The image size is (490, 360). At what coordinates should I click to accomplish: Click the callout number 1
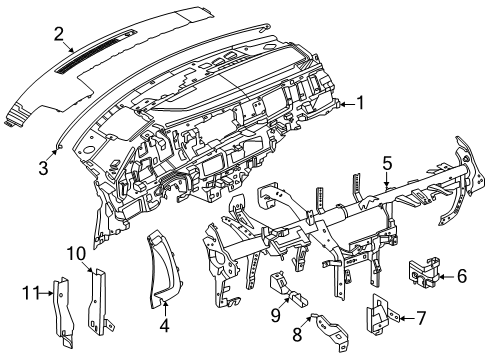(360, 131)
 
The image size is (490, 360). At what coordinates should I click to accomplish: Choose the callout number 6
(461, 276)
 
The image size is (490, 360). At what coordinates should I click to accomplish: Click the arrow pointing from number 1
(345, 130)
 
